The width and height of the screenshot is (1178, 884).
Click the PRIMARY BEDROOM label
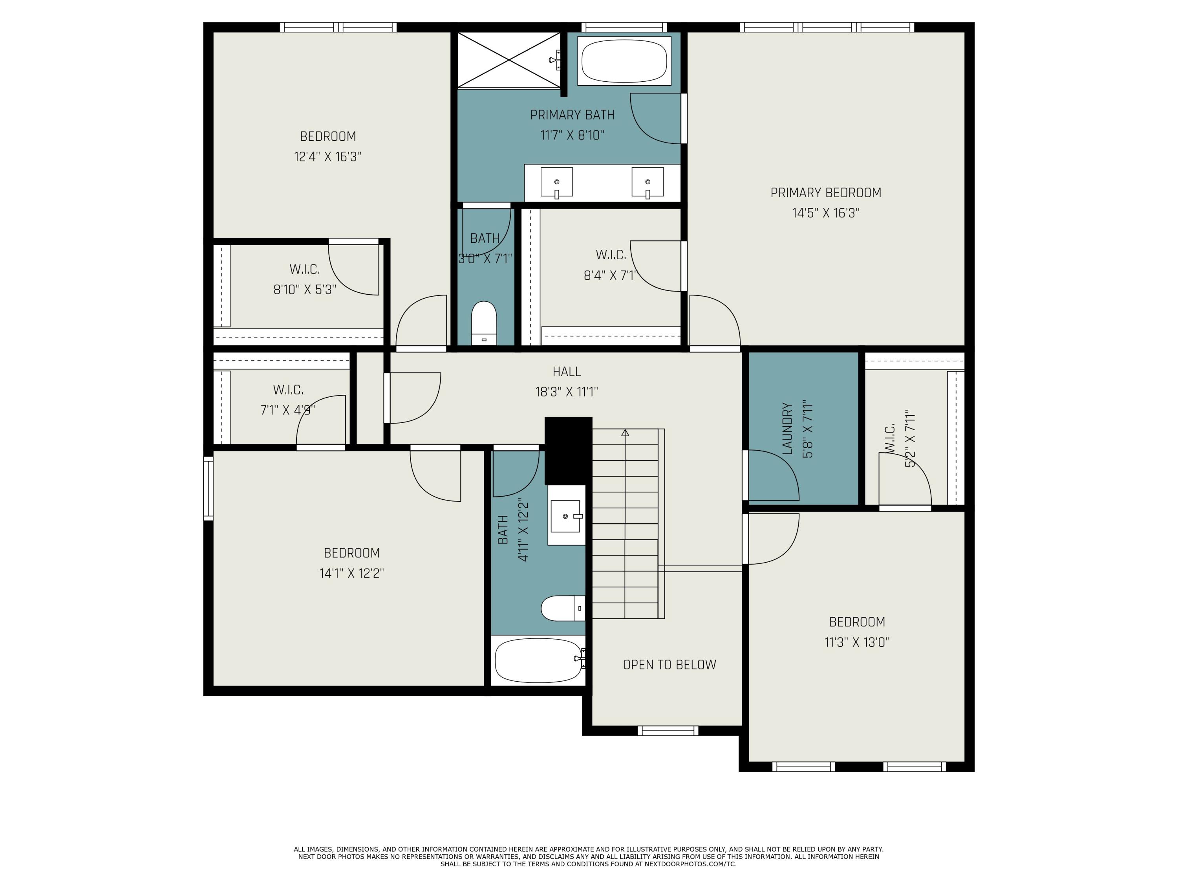(x=825, y=193)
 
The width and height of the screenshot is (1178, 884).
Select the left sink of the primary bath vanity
(x=556, y=183)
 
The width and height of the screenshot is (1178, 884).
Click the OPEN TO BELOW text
(x=669, y=664)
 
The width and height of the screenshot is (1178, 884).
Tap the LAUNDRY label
(x=788, y=429)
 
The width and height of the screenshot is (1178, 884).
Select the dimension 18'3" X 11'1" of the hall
(x=567, y=392)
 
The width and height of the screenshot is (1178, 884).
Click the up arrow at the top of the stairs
(x=625, y=433)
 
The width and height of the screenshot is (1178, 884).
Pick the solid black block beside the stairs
(x=568, y=450)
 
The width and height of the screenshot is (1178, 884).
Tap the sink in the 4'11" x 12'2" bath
(x=565, y=516)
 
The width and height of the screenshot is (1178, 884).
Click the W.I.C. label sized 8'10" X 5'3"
(x=305, y=269)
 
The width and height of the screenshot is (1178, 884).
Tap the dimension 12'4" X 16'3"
(x=327, y=157)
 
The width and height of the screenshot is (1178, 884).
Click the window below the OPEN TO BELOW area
(x=668, y=730)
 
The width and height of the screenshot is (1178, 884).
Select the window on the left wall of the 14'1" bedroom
(x=208, y=488)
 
